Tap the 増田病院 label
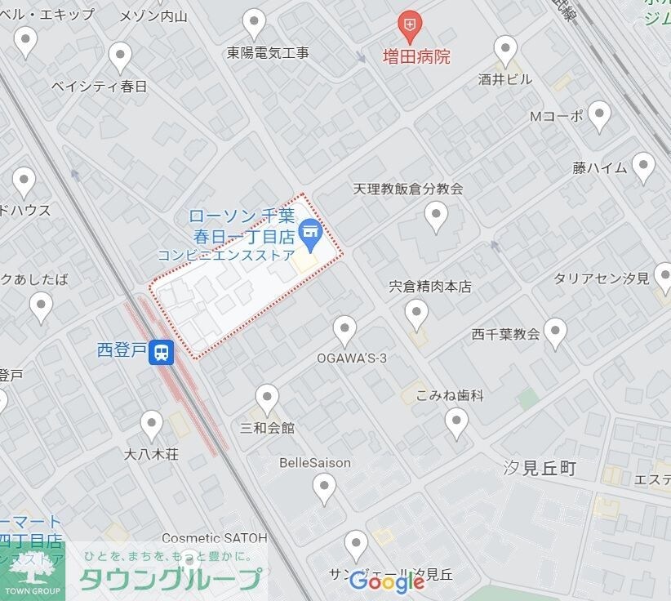coord(416,57)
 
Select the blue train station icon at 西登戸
coord(163,352)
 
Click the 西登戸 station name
coord(122,351)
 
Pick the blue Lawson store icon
coord(309,234)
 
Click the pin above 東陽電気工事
coord(256,23)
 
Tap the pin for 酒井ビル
coord(506,50)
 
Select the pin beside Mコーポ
coord(600,116)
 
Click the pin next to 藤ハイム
coord(644,167)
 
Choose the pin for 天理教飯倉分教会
coord(437,216)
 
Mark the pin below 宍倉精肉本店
coord(417,313)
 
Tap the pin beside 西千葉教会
coord(556,333)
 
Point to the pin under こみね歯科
coord(456,423)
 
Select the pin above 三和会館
coord(267,399)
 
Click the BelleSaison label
coord(315,463)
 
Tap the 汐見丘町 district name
coord(540,469)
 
